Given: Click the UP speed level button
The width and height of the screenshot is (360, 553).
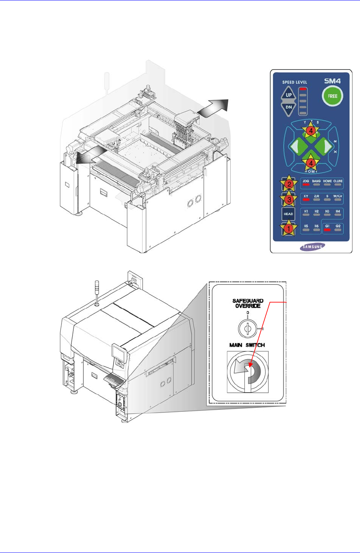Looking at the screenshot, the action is (289, 95).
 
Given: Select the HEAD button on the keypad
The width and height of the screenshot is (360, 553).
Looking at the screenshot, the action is (288, 214).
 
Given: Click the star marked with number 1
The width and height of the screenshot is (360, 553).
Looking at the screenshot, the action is (289, 228).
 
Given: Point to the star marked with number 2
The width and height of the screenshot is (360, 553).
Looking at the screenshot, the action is (289, 184).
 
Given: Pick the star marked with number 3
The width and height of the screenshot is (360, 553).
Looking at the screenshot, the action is (289, 200).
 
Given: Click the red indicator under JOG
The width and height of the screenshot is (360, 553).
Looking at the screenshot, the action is (306, 185).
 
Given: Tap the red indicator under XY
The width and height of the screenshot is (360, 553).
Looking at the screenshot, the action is (306, 200).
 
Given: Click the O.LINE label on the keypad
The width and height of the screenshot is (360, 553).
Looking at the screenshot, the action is (338, 181).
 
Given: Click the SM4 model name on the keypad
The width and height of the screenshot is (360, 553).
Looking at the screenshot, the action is (332, 81).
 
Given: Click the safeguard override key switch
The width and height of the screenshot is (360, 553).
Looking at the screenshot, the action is (247, 327).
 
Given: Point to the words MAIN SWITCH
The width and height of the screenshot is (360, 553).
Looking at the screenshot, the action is (247, 345).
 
